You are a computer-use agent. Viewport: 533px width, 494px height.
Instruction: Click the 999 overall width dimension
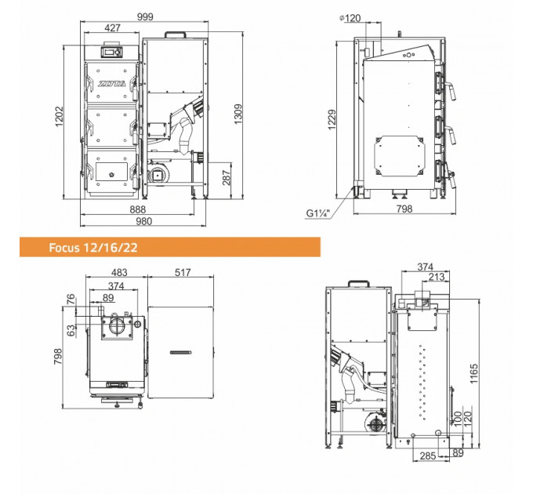(145, 16)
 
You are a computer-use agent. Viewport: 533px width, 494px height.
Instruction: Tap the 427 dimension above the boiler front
(113, 27)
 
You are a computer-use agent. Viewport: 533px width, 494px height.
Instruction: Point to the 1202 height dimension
(59, 116)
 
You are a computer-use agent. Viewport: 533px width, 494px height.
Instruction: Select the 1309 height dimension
(238, 114)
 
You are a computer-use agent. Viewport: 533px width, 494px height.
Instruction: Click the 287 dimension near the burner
(227, 177)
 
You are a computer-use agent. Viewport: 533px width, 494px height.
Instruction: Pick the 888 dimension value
(138, 209)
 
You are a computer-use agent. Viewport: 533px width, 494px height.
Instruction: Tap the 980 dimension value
(143, 221)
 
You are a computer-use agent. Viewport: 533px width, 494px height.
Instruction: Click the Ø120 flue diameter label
(350, 18)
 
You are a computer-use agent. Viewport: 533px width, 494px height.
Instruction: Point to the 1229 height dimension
(332, 119)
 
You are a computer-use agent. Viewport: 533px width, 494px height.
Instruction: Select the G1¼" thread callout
(318, 213)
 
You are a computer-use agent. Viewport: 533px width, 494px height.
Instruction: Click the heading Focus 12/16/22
(93, 248)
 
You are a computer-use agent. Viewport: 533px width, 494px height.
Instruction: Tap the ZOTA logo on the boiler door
(112, 84)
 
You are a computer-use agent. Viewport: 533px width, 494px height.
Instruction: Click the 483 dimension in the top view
(119, 272)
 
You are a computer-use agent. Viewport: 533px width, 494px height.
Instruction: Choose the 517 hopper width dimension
(183, 272)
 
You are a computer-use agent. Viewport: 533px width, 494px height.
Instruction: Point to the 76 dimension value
(71, 300)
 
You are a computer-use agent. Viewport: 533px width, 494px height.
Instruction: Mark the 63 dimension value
(71, 330)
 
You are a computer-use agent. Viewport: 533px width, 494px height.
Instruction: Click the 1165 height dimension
(474, 374)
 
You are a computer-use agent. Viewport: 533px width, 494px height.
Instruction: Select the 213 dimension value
(437, 277)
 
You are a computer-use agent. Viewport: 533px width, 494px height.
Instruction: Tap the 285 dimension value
(428, 456)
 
